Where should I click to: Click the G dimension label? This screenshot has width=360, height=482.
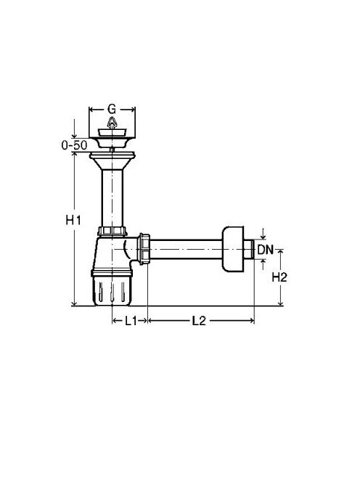pyautogui.click(x=112, y=109)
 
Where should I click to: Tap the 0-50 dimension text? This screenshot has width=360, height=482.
pyautogui.click(x=75, y=145)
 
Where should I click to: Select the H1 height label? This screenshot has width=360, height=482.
pyautogui.click(x=73, y=220)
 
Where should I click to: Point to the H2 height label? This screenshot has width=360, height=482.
pyautogui.click(x=279, y=277)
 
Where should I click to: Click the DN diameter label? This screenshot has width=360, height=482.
pyautogui.click(x=266, y=250)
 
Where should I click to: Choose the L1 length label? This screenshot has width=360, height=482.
pyautogui.click(x=131, y=321)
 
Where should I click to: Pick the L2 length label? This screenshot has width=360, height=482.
pyautogui.click(x=199, y=321)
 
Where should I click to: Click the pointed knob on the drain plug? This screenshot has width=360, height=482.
pyautogui.click(x=112, y=123)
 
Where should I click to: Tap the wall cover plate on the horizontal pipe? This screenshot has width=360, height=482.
pyautogui.click(x=233, y=249)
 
